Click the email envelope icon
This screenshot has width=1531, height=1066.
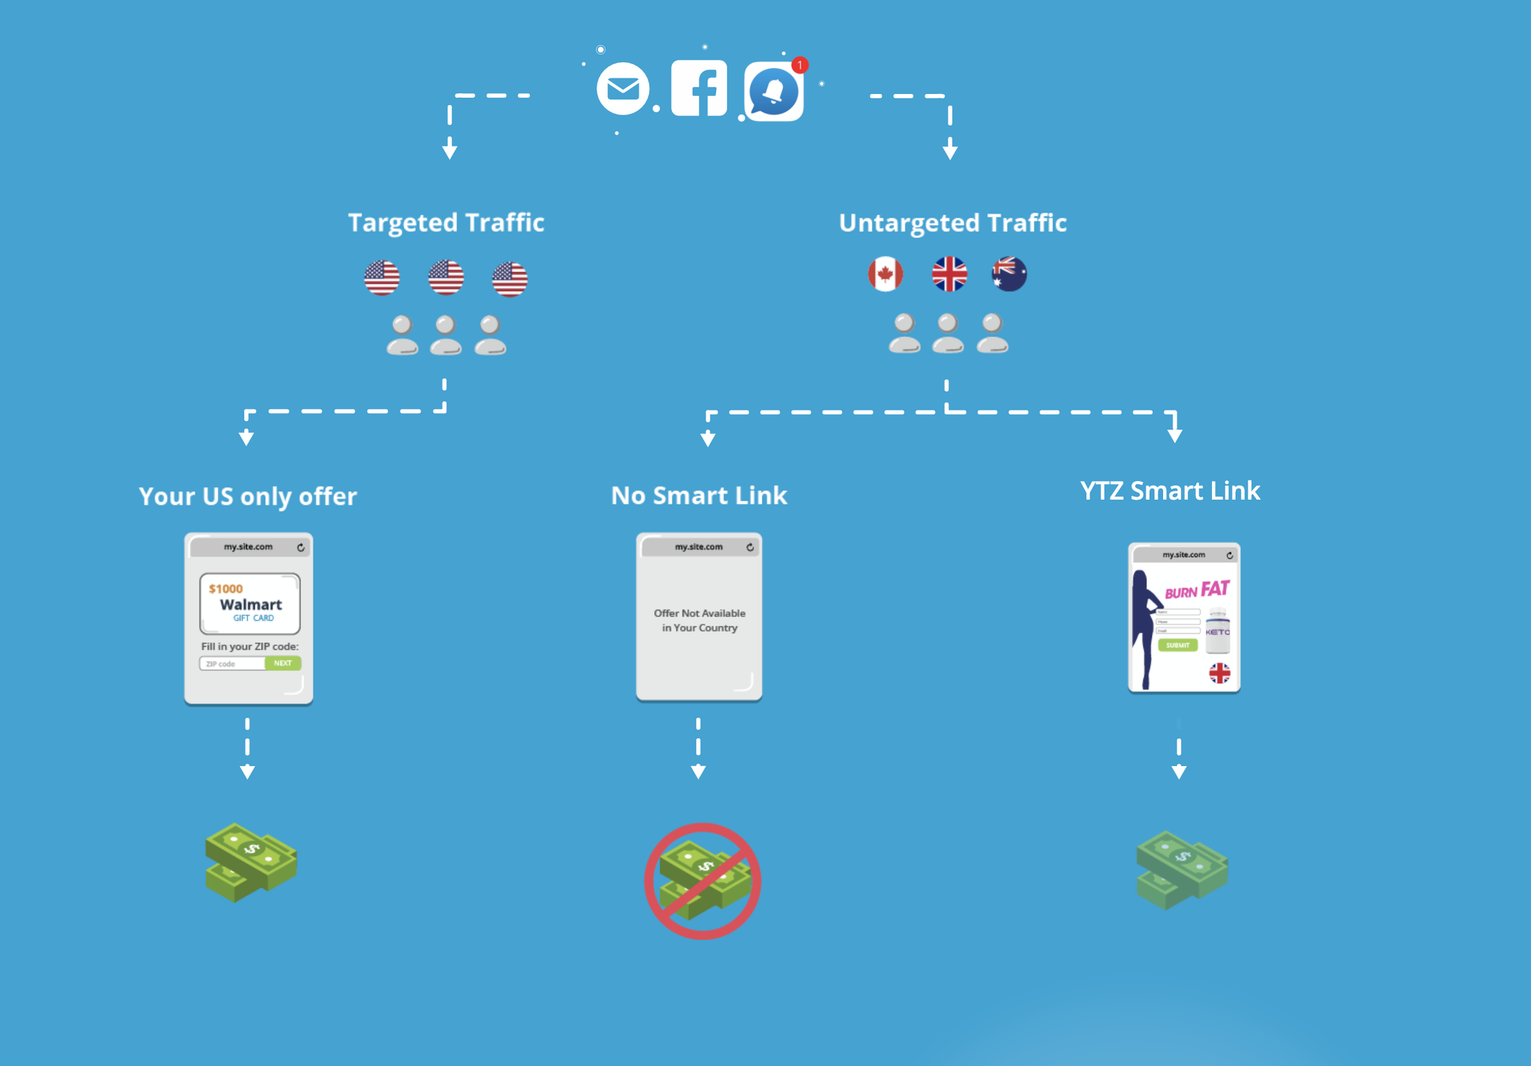[x=623, y=89]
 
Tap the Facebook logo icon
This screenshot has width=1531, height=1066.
[x=699, y=89]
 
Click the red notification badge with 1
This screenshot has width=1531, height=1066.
[x=800, y=65]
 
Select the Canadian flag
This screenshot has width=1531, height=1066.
[x=885, y=274]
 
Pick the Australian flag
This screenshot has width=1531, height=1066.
[x=1009, y=274]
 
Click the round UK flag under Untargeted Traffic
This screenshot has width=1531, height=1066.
[x=949, y=274]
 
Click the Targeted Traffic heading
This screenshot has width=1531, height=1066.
[x=446, y=222]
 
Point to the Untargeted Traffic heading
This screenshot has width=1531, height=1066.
[x=953, y=222]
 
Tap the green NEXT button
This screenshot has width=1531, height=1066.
[x=283, y=663]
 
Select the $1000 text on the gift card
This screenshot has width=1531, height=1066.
[x=226, y=589]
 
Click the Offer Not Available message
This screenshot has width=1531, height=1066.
[x=700, y=620]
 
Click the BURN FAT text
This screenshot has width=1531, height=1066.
[x=1197, y=590]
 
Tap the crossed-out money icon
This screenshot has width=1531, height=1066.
[x=703, y=881]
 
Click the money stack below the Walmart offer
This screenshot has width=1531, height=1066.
[x=251, y=862]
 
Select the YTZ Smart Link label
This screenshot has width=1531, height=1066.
[x=1170, y=491]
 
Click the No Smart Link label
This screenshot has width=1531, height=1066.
[x=699, y=495]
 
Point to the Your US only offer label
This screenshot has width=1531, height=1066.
[x=248, y=496]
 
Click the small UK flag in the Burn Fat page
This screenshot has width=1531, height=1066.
[x=1219, y=673]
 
